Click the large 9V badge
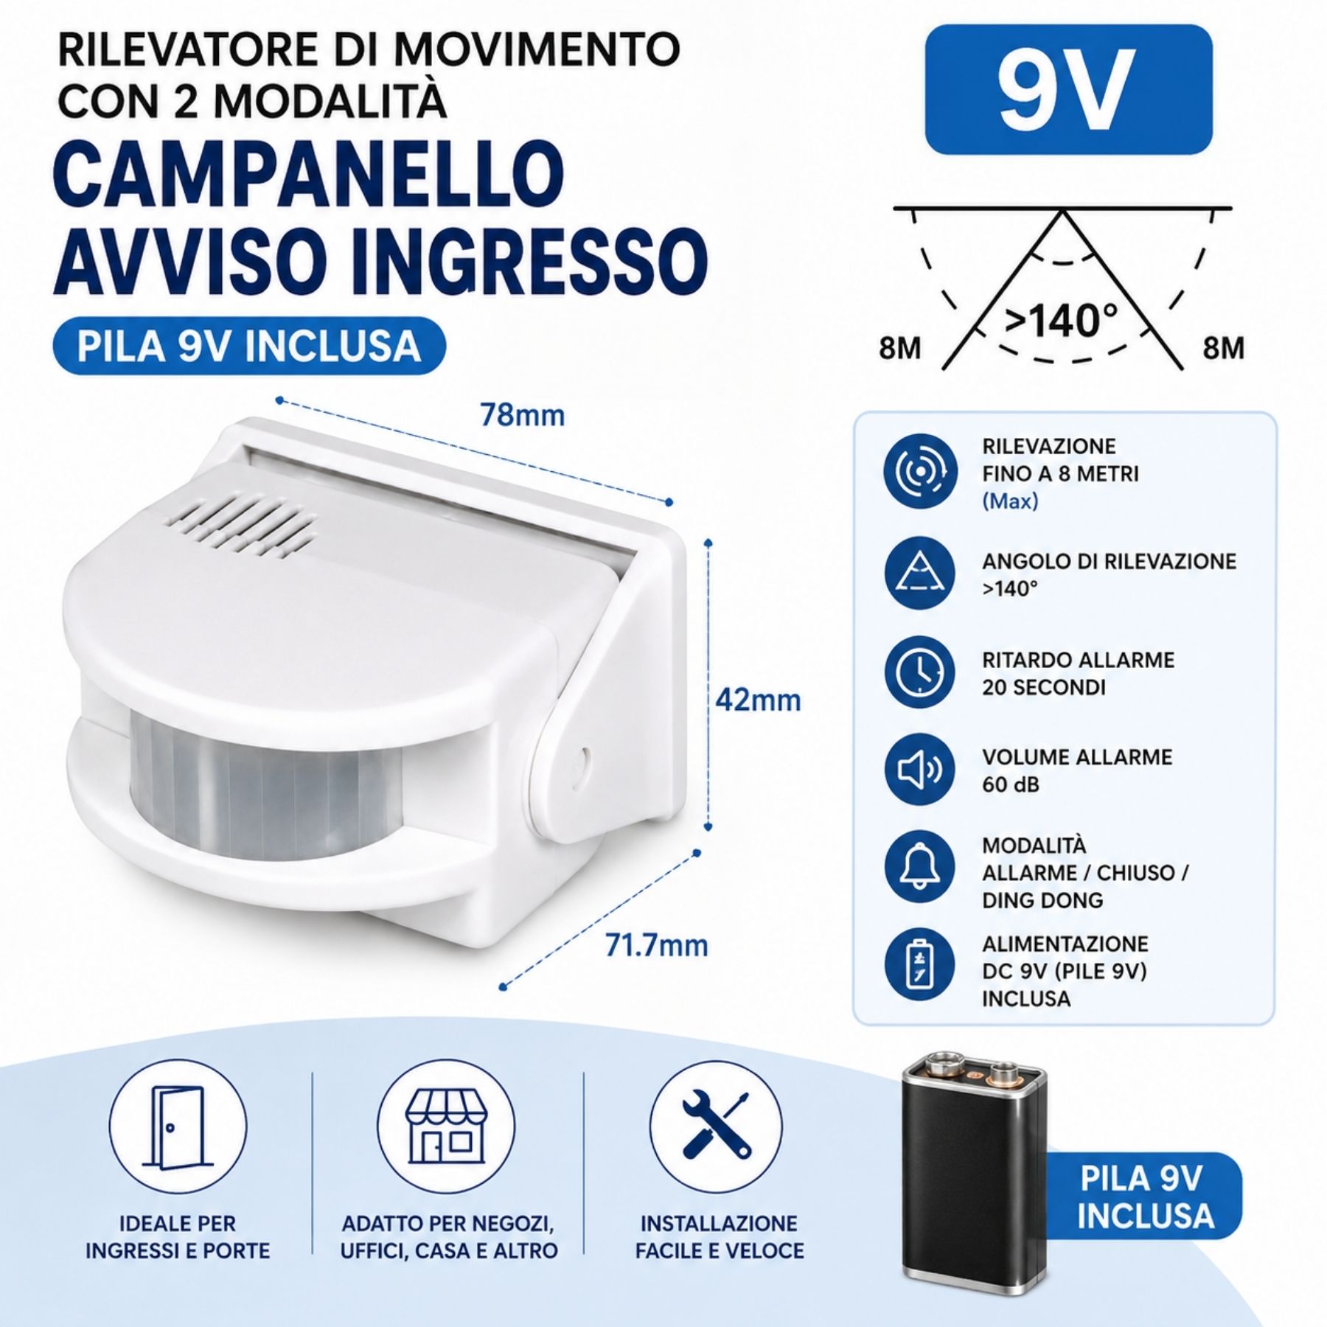pyautogui.click(x=1068, y=90)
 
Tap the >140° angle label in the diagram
pyautogui.click(x=1061, y=321)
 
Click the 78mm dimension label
pyautogui.click(x=523, y=415)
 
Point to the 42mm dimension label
pyautogui.click(x=759, y=699)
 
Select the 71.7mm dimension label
pyautogui.click(x=656, y=944)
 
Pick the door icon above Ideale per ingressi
pyautogui.click(x=178, y=1126)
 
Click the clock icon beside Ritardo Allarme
pyautogui.click(x=920, y=672)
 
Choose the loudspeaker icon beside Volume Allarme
pyautogui.click(x=920, y=770)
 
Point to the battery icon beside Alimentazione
pyautogui.click(x=920, y=964)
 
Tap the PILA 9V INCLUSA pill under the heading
pyautogui.click(x=249, y=346)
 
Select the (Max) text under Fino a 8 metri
pyautogui.click(x=1010, y=501)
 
